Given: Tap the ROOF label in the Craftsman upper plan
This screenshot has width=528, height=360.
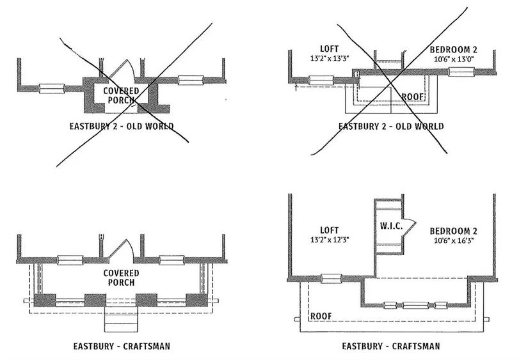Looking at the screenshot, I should pos(321,317).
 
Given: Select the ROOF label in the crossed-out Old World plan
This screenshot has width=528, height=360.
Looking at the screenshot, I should pos(413,97).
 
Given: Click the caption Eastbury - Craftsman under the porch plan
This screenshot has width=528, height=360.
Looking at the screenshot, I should pos(121,347).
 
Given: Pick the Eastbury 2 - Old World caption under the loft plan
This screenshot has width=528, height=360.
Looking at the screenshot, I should pos(390,126).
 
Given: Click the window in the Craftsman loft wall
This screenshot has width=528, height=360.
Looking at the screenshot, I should pos(330,279).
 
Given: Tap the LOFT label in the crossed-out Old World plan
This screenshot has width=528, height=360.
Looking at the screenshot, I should pos(332,49).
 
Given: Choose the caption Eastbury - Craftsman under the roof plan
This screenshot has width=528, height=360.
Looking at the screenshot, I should pos(390,347).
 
